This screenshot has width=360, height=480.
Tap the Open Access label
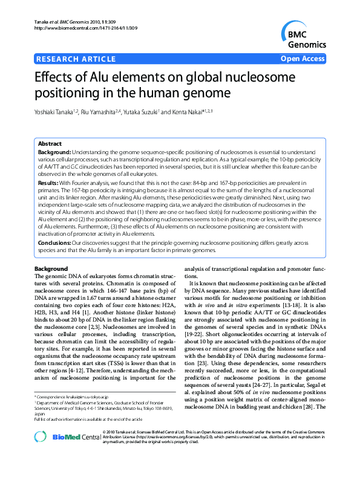point(303,59)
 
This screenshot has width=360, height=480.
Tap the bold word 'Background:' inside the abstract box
point(55,153)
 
